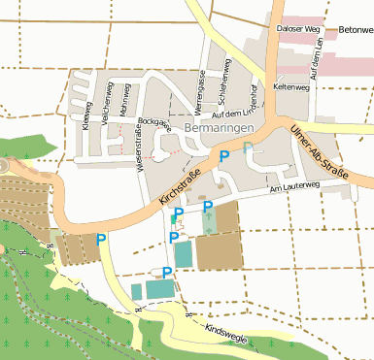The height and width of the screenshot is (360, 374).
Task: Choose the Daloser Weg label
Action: (x=298, y=30)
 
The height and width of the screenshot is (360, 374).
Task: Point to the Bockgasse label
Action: (x=154, y=124)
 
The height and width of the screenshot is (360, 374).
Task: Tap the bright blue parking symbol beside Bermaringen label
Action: (x=224, y=155)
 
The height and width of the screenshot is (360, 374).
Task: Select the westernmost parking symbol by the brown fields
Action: (x=101, y=239)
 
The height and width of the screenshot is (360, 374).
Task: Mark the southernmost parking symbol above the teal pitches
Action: (x=167, y=272)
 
